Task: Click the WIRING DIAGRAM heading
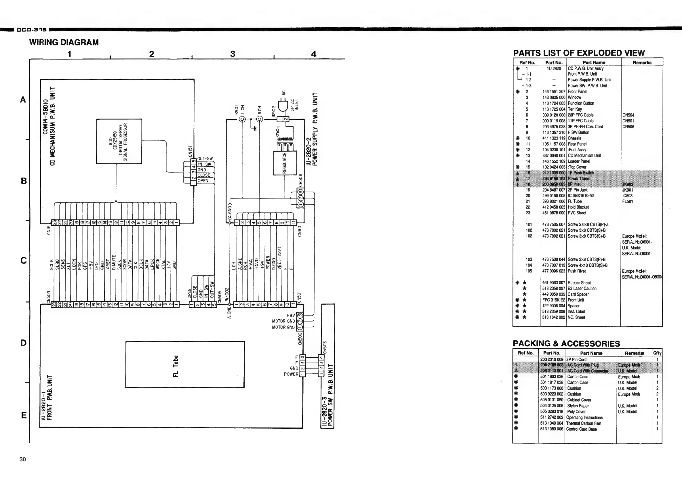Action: [x=64, y=43]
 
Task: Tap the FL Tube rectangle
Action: [x=185, y=364]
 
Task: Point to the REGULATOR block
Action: [x=285, y=163]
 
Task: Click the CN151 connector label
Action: [x=190, y=151]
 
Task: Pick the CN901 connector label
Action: [x=300, y=230]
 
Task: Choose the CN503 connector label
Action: [x=325, y=347]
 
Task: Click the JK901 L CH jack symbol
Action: [x=242, y=119]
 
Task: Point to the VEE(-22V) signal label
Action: [x=279, y=258]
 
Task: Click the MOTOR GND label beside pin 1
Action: [x=283, y=327]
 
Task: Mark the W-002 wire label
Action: [x=227, y=294]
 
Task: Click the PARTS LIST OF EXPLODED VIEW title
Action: [x=579, y=53]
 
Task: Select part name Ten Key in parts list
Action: [x=575, y=109]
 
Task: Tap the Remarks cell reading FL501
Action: [x=628, y=201]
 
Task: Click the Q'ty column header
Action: [x=657, y=353]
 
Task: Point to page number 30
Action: [x=22, y=459]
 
